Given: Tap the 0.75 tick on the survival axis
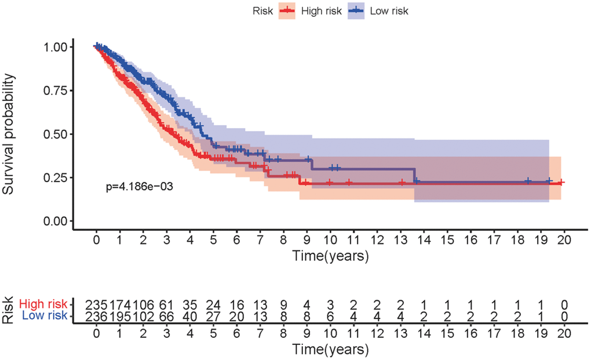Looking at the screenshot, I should pyautogui.click(x=57, y=90).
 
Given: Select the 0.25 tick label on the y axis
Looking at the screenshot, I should pyautogui.click(x=57, y=177).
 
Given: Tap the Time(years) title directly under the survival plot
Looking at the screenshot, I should pyautogui.click(x=330, y=256).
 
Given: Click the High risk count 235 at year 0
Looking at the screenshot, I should pyautogui.click(x=96, y=304).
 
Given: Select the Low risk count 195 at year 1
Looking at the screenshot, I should pyautogui.click(x=119, y=316).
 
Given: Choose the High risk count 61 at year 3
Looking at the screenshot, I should pyautogui.click(x=166, y=304).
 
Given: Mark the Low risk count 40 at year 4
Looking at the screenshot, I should pyautogui.click(x=189, y=316).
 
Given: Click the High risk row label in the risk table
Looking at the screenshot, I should pyautogui.click(x=43, y=304).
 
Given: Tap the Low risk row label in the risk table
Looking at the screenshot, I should pyautogui.click(x=45, y=316).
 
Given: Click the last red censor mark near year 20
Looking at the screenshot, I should pyautogui.click(x=561, y=182).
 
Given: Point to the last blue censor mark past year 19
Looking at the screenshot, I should pyautogui.click(x=548, y=181).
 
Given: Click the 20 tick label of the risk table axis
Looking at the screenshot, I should pyautogui.click(x=564, y=336).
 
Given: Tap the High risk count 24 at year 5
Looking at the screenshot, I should pyautogui.click(x=213, y=304).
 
